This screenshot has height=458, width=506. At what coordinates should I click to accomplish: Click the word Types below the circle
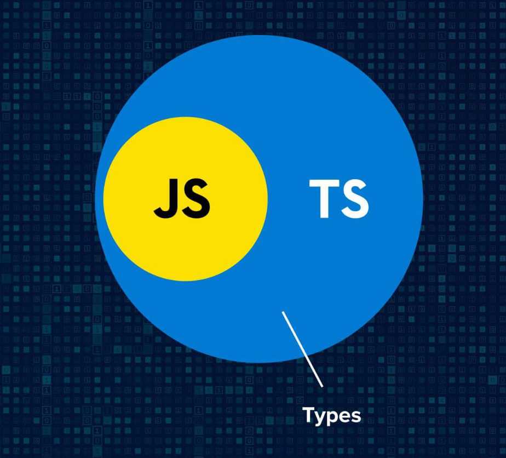point(332,415)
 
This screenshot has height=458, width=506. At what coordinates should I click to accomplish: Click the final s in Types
point(356,416)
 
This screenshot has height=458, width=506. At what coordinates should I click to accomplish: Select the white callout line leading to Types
point(302,350)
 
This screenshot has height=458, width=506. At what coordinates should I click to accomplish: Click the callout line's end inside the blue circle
point(283,312)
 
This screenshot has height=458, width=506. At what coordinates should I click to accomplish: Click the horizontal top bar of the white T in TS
point(325,184)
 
